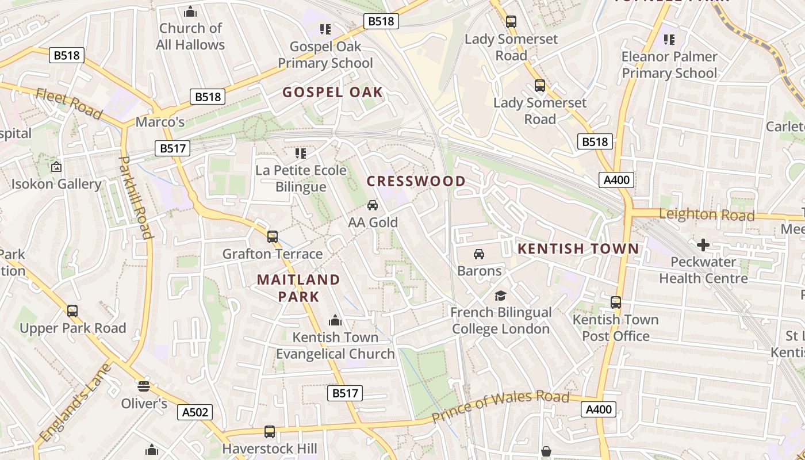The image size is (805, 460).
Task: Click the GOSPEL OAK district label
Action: [332, 92]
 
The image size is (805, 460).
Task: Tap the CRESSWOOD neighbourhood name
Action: [416, 181]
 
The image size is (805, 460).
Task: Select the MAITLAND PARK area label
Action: [298, 288]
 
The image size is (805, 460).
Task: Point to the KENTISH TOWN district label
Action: [578, 248]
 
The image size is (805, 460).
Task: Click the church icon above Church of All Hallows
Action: [190, 11]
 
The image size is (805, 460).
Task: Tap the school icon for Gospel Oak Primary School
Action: [325, 29]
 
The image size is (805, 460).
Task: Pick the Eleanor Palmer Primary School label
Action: [669, 65]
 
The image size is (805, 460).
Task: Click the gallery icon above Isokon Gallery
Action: [56, 167]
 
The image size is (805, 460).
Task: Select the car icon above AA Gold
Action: [373, 205]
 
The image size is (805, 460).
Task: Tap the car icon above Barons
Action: [479, 254]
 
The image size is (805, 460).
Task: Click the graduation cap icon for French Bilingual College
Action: [500, 296]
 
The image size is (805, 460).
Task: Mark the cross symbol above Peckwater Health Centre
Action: [703, 245]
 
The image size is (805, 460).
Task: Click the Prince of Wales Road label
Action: [500, 406]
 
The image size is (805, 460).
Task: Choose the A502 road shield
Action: [195, 412]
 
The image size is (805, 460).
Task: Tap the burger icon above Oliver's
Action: [143, 386]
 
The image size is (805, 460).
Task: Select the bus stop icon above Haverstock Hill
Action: [269, 431]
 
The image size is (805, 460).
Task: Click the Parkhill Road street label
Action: [136, 197]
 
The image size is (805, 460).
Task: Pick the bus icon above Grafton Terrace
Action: [273, 236]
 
